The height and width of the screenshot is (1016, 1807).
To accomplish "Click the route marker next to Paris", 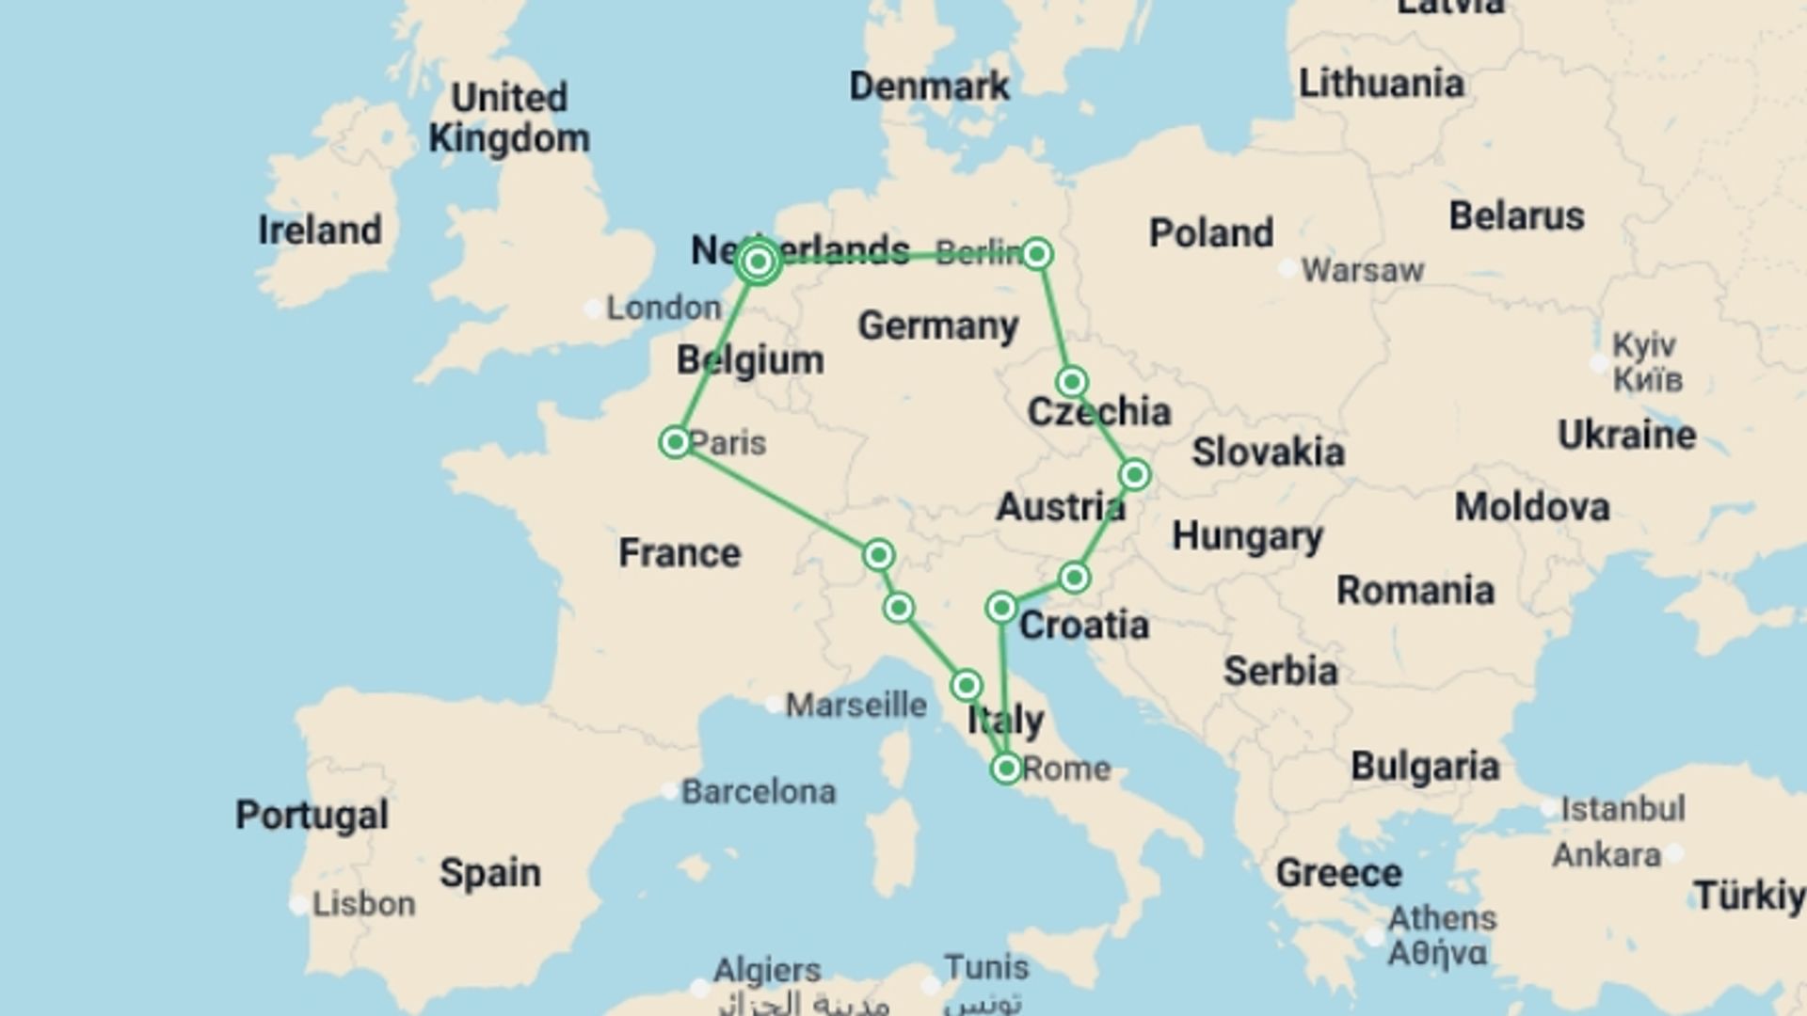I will [x=675, y=442].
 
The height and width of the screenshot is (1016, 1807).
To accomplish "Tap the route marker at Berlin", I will [x=1036, y=254].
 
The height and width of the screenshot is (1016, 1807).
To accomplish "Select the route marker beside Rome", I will [x=1006, y=769].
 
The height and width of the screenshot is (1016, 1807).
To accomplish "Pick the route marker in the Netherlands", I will [x=759, y=262].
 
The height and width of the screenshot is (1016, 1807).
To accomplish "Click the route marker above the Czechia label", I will [x=1072, y=382].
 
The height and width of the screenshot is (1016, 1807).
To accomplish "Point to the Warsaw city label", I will [x=1362, y=271].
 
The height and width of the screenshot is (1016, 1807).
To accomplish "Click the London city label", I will [x=664, y=308].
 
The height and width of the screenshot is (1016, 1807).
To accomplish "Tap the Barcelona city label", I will [x=758, y=792].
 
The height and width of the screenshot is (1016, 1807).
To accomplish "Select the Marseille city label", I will [x=856, y=705].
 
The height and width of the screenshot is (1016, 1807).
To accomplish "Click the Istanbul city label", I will [x=1623, y=808].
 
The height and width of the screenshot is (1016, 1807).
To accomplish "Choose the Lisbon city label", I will [x=363, y=904].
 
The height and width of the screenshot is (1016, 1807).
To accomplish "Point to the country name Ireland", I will [x=320, y=230].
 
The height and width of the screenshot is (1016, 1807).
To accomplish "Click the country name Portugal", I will [x=312, y=815].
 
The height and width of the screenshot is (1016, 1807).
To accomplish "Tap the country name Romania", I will [x=1415, y=591].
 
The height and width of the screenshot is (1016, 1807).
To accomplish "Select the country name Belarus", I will [x=1516, y=216].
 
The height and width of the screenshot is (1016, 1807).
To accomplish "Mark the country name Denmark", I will [x=929, y=87].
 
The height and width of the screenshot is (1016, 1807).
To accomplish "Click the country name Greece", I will [x=1338, y=873].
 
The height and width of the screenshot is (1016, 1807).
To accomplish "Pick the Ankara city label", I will [x=1607, y=855].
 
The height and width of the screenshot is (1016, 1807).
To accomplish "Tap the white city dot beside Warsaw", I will [x=1287, y=269].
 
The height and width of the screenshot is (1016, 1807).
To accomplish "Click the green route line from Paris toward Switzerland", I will [x=776, y=499].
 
